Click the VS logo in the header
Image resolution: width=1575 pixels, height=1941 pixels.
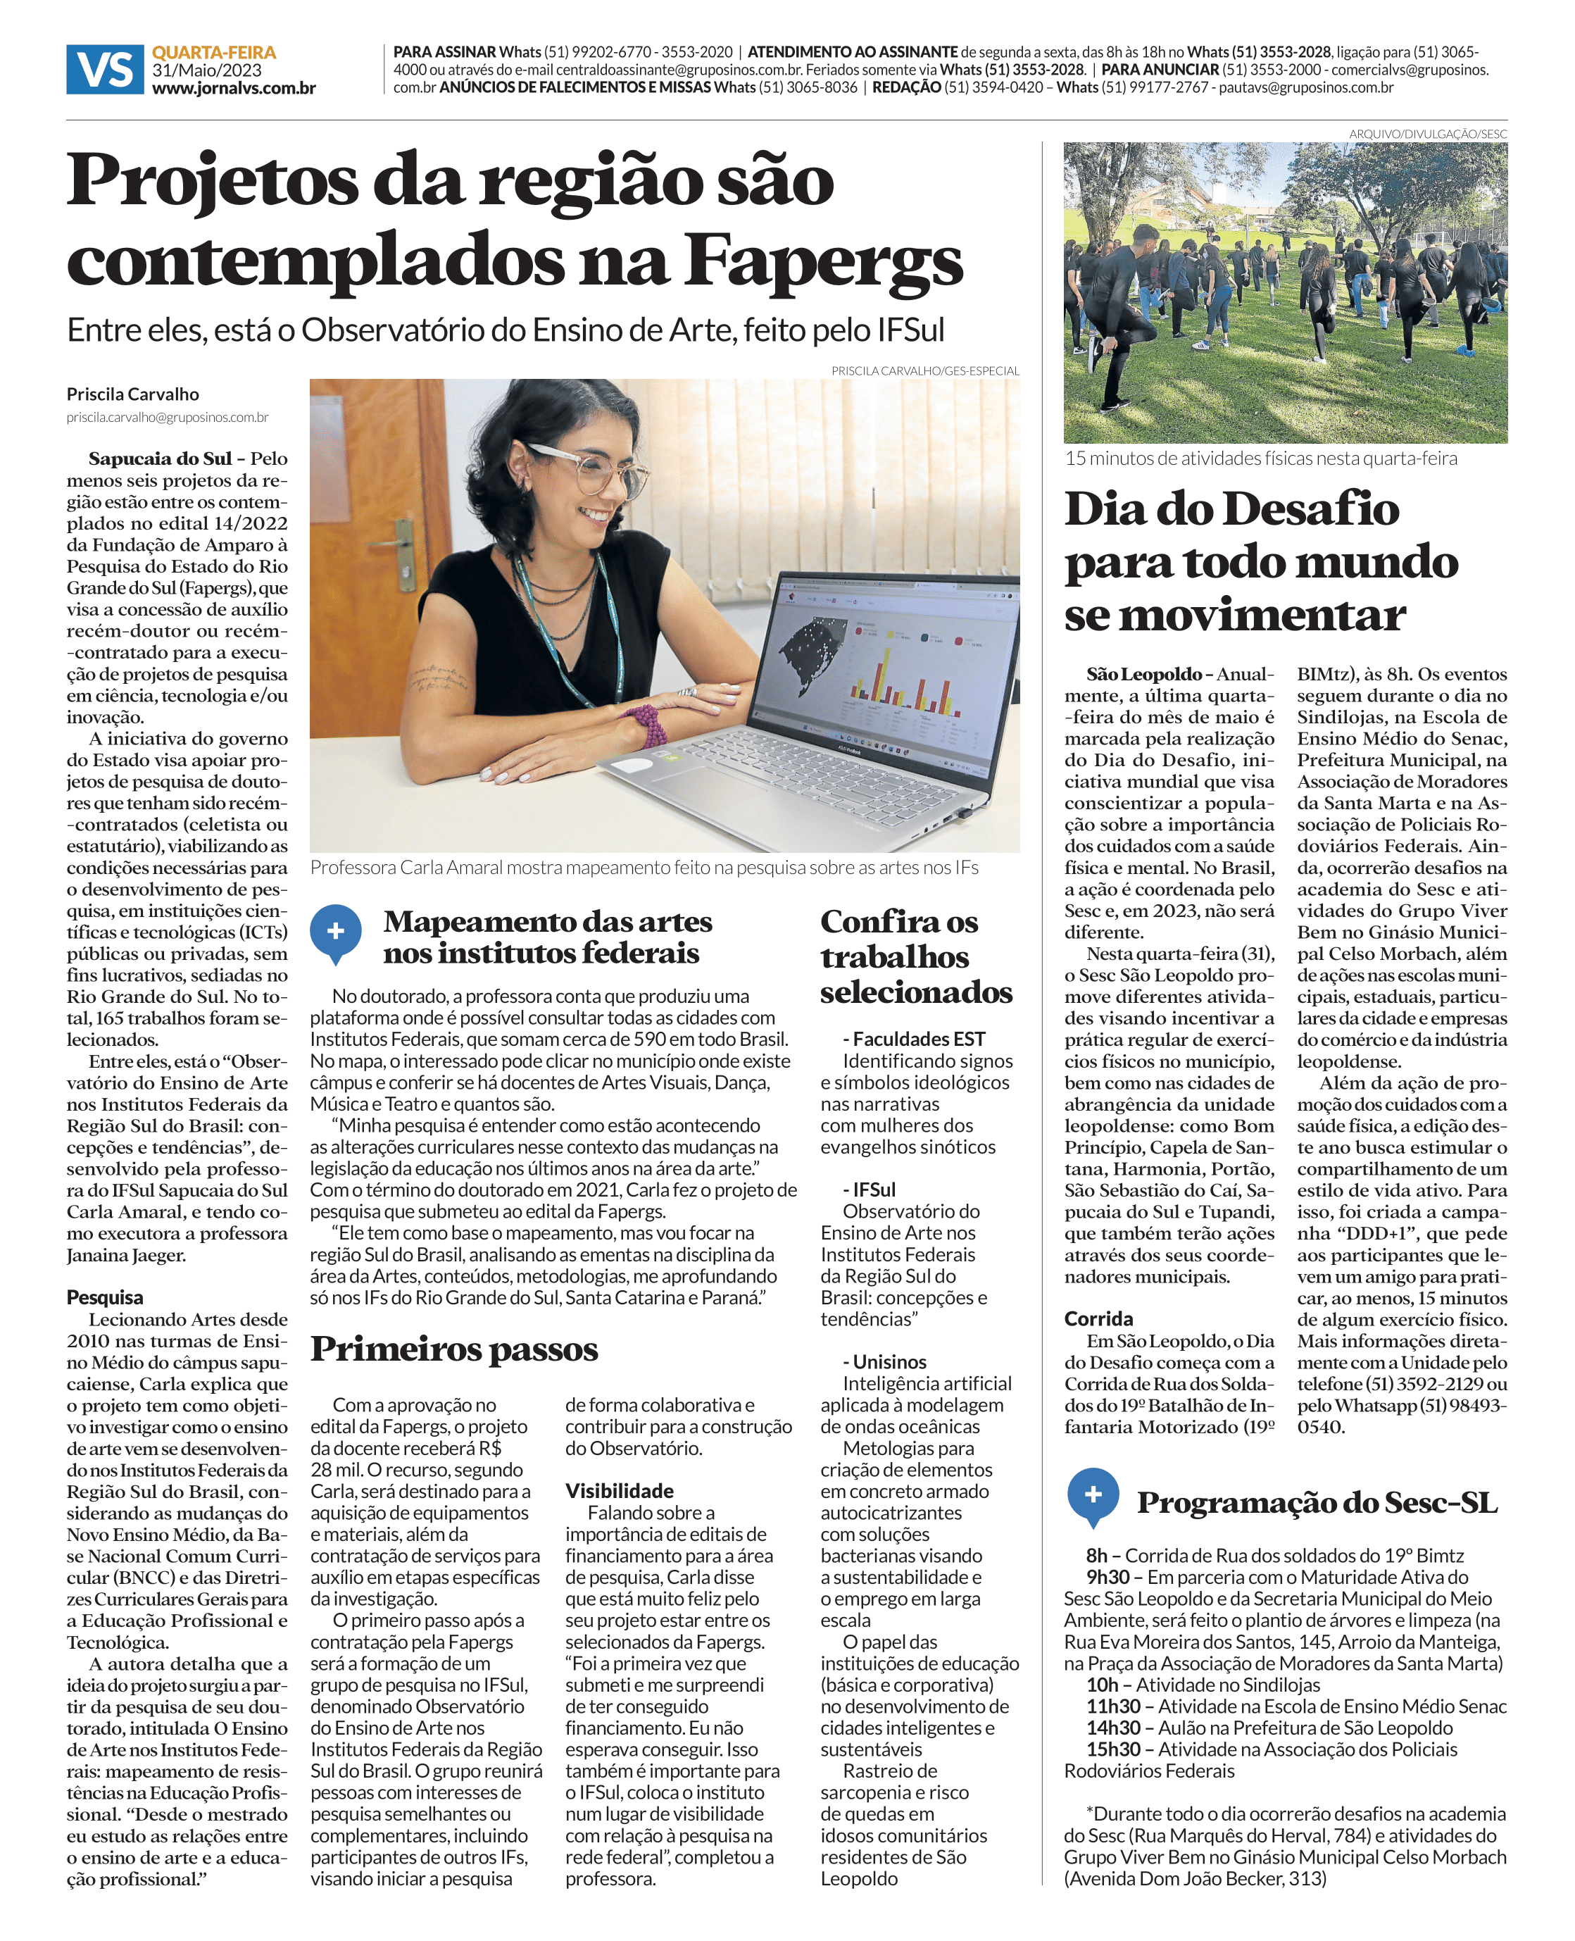[104, 69]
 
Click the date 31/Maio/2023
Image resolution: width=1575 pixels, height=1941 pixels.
[207, 70]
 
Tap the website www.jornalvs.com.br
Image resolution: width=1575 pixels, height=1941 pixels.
[233, 88]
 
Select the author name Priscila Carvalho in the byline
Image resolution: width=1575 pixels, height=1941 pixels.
[132, 394]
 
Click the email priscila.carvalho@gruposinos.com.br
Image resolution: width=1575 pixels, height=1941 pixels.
[167, 418]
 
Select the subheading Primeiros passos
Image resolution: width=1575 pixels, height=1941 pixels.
[453, 1349]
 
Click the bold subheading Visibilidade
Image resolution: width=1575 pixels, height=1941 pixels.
[619, 1491]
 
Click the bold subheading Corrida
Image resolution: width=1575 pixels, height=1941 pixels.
[1098, 1318]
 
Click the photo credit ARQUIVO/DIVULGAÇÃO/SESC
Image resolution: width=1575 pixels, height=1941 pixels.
[1427, 133]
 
